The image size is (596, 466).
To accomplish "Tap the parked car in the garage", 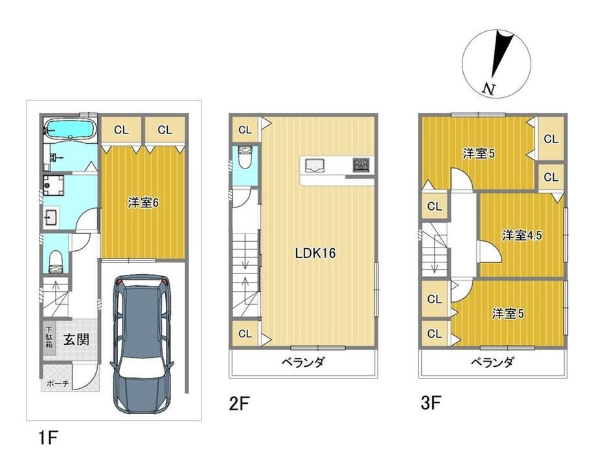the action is click(x=142, y=344).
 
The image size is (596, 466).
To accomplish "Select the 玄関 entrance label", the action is click(x=76, y=340).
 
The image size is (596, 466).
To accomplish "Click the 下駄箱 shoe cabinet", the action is click(x=49, y=338).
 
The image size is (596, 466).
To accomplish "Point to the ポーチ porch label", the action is click(x=58, y=384).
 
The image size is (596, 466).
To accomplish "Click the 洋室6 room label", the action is click(x=143, y=203).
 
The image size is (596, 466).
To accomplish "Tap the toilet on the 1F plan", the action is click(x=56, y=262).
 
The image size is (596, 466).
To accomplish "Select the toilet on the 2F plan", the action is click(x=244, y=157).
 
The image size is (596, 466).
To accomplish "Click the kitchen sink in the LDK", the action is click(x=314, y=166).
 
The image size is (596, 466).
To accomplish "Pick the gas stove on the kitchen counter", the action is click(x=361, y=165).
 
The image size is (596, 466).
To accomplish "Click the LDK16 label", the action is click(x=315, y=253).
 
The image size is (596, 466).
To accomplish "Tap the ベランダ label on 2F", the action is click(x=303, y=362).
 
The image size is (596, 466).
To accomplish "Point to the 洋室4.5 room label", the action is click(x=522, y=235).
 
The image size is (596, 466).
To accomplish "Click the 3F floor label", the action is click(x=431, y=403).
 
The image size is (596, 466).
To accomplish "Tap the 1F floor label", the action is click(x=48, y=437).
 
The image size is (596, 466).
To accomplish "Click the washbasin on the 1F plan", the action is click(x=51, y=218).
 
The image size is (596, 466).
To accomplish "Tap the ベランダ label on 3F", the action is click(x=493, y=362).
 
